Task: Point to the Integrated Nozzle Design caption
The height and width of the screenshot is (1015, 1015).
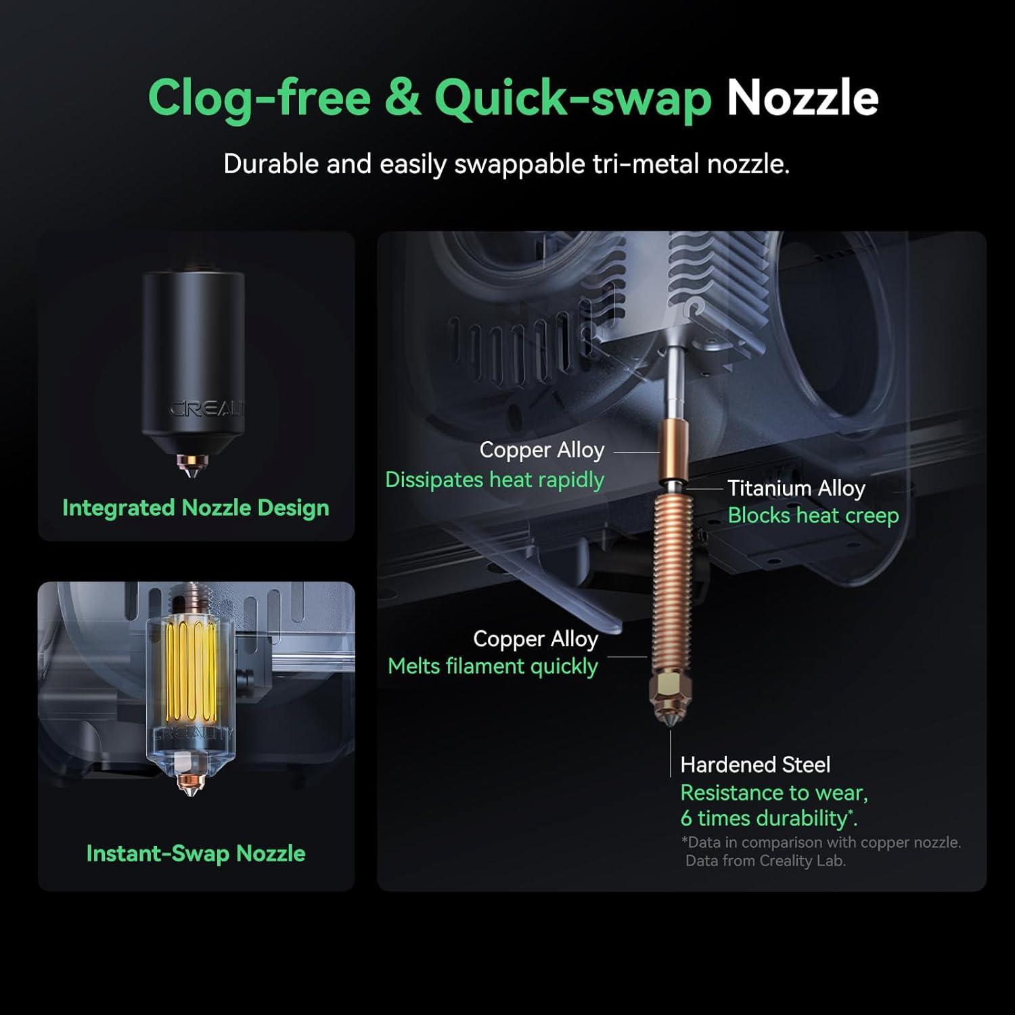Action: pos(196,507)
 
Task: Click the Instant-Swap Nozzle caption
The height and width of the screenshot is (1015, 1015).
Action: pos(196,853)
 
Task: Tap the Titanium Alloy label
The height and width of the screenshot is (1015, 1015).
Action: pos(796,489)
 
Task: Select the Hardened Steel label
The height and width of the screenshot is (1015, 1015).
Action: pos(755,765)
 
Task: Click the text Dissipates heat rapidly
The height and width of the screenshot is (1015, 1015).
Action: pos(495,480)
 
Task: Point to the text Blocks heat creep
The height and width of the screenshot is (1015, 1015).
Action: pos(813,516)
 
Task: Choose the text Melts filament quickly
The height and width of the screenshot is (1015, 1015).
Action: pos(493,667)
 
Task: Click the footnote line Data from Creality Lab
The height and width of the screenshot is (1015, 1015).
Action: pos(765,861)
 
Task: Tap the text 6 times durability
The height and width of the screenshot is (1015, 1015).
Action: pos(769,818)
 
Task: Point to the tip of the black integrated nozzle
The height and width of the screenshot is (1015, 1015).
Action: pos(192,476)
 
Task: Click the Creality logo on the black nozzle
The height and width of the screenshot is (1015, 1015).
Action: pos(206,409)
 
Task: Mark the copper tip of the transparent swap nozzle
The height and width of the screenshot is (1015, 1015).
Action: pos(192,786)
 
